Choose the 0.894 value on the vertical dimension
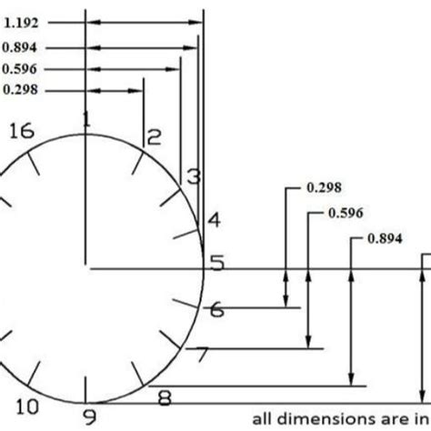[385, 239]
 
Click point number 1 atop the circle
[86, 119]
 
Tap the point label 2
[154, 137]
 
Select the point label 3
[192, 176]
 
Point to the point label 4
[213, 220]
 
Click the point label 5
[216, 265]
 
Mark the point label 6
[215, 310]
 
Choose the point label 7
[203, 356]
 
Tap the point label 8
[164, 397]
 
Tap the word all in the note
[263, 419]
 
